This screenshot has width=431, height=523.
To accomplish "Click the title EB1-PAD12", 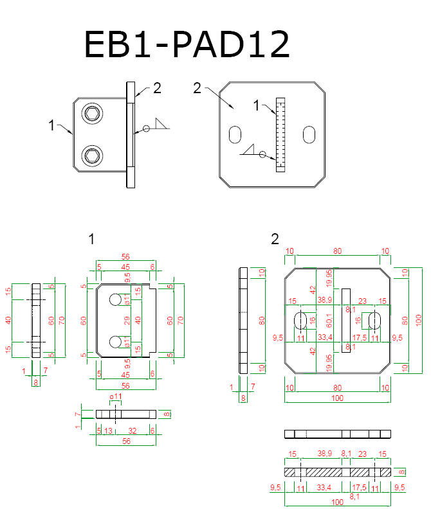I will [x=187, y=45].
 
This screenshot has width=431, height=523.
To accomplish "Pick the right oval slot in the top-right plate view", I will [x=310, y=135].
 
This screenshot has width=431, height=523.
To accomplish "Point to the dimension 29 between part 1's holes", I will [x=126, y=319].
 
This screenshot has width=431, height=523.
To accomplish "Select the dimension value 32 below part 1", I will [x=132, y=430].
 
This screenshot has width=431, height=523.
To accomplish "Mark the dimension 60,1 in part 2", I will [x=330, y=319].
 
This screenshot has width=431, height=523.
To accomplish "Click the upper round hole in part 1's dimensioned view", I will [x=115, y=299].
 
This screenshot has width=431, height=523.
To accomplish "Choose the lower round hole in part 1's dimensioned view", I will [x=115, y=340].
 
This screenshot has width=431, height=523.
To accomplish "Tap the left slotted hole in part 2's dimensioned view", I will [x=300, y=320].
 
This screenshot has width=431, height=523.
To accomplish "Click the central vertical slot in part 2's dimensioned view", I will [x=346, y=319].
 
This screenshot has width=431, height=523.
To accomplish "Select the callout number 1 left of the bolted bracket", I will [x=51, y=126].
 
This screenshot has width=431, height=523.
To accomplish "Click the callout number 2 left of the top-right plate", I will [x=198, y=88].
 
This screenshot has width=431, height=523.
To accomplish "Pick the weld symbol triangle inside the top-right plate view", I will [x=250, y=150].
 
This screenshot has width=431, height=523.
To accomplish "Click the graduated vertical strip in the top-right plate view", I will [x=280, y=134].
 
